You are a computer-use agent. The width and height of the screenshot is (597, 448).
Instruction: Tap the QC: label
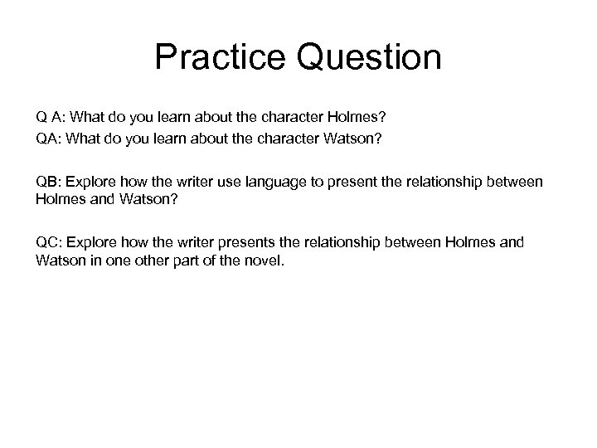48,242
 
